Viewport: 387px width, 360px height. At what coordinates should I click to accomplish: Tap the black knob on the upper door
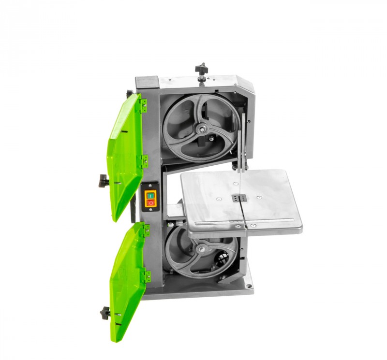click(103, 181)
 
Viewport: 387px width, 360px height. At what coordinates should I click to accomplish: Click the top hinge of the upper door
click(143, 106)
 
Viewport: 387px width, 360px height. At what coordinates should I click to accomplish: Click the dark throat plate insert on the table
click(238, 198)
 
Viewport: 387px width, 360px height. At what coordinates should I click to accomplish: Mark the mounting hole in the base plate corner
click(248, 286)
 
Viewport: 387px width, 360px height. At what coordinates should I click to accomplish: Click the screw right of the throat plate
click(259, 198)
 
